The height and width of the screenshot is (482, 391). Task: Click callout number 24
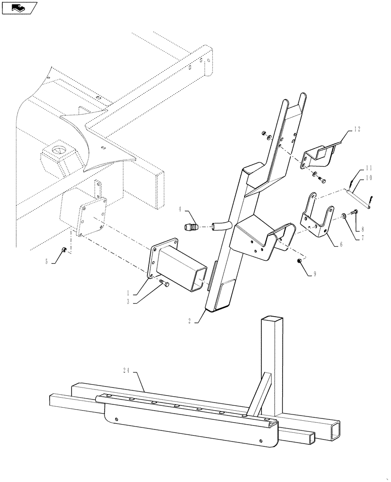pos(126,370)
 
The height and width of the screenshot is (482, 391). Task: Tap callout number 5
pos(47,262)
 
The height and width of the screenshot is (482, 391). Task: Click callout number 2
pos(190,320)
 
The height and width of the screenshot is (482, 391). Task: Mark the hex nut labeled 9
pos(300,261)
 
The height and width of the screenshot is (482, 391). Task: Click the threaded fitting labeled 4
pos(192,226)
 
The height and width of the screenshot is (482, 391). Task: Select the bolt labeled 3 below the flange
pos(165,285)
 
